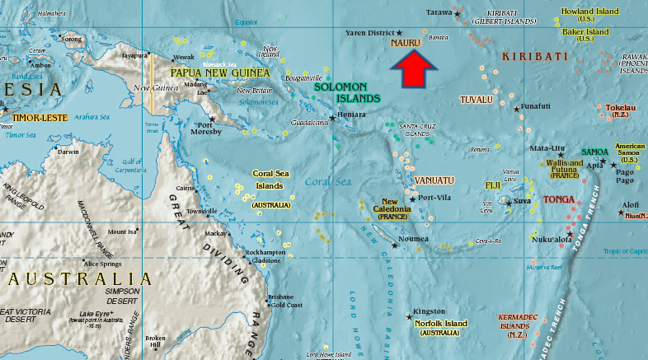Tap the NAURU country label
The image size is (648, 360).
(x=406, y=41)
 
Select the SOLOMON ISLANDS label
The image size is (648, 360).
(x=347, y=91)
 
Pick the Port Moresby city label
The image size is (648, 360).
(x=204, y=130)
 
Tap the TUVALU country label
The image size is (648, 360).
(x=476, y=100)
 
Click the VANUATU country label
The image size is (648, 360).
(x=434, y=180)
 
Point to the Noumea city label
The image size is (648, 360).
(x=413, y=239)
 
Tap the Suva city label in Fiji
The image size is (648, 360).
(x=522, y=201)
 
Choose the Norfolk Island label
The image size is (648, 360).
(x=440, y=324)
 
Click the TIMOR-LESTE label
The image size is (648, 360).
(x=39, y=119)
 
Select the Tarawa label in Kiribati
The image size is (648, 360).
(x=439, y=12)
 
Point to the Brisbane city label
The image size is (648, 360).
(x=279, y=296)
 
